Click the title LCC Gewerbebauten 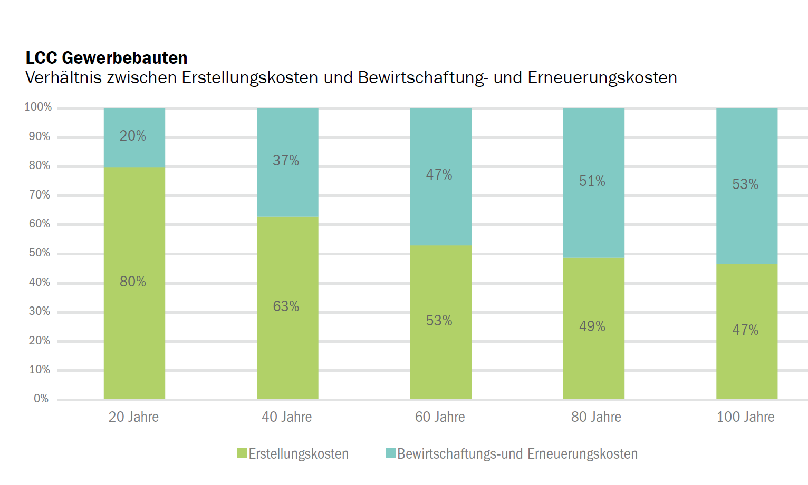[107, 57]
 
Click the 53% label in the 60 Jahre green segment [439, 321]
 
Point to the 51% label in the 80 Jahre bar [592, 181]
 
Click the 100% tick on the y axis [38, 107]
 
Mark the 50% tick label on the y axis [40, 253]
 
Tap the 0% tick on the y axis [41, 399]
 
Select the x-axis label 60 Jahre [440, 417]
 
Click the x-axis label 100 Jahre [745, 417]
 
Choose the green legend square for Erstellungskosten [242, 453]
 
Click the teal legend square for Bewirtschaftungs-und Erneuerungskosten [390, 453]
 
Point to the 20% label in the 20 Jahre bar [133, 136]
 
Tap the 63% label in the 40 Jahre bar [286, 306]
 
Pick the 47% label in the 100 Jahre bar [745, 330]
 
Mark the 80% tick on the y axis [40, 165]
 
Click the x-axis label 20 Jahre [133, 417]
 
